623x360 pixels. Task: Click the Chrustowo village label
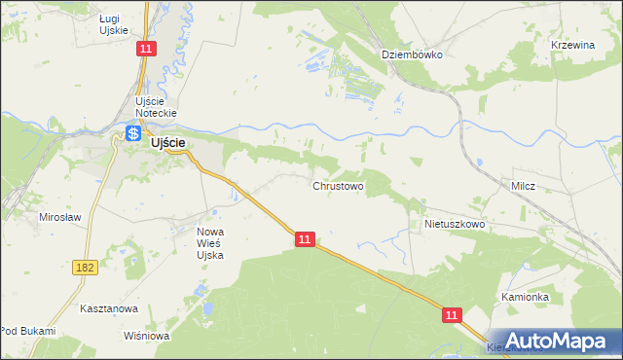338,185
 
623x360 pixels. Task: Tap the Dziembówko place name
412,54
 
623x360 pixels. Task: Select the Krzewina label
572,46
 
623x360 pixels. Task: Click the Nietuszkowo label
455,223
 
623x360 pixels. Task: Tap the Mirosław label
59,217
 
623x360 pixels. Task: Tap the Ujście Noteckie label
154,108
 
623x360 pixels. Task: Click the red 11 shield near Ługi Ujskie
144,48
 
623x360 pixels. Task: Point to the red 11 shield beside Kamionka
452,314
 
